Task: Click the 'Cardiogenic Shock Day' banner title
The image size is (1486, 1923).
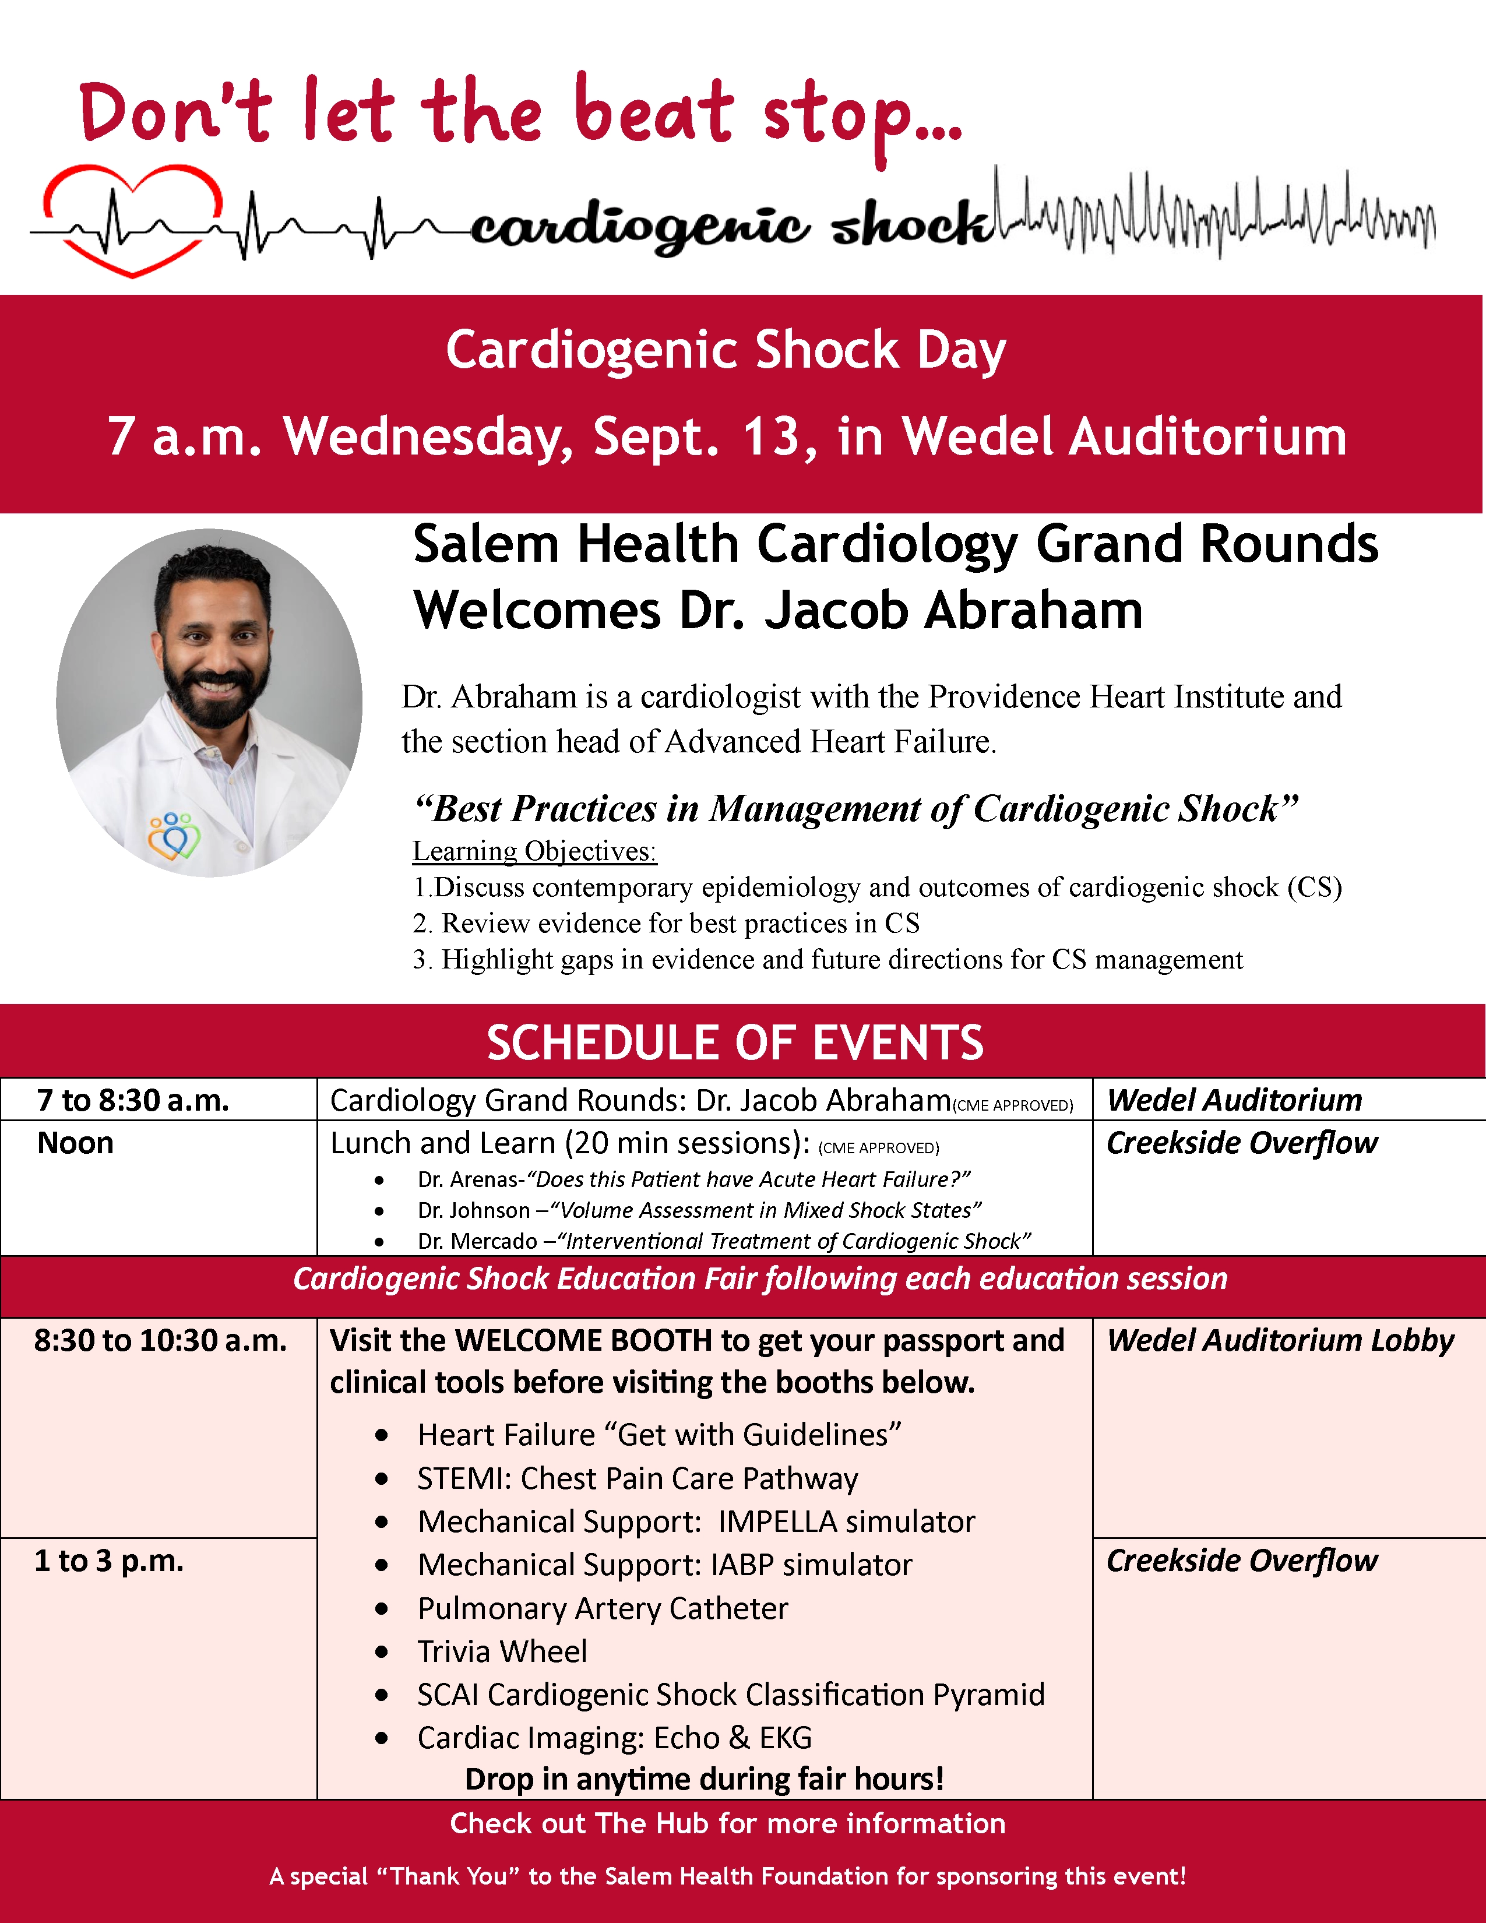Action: pos(726,350)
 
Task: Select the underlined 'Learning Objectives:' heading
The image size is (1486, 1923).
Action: pos(534,851)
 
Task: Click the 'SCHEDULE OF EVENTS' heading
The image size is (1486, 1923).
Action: pos(735,1042)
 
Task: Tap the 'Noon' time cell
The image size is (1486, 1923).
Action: pos(76,1143)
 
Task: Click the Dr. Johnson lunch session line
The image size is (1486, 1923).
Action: pos(699,1211)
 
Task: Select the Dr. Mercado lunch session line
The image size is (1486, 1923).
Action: pos(724,1241)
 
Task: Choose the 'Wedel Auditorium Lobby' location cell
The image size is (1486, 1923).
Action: pos(1280,1340)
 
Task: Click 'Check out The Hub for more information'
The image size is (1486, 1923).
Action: pos(727,1823)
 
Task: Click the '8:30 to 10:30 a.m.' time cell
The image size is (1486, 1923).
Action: pos(160,1340)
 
